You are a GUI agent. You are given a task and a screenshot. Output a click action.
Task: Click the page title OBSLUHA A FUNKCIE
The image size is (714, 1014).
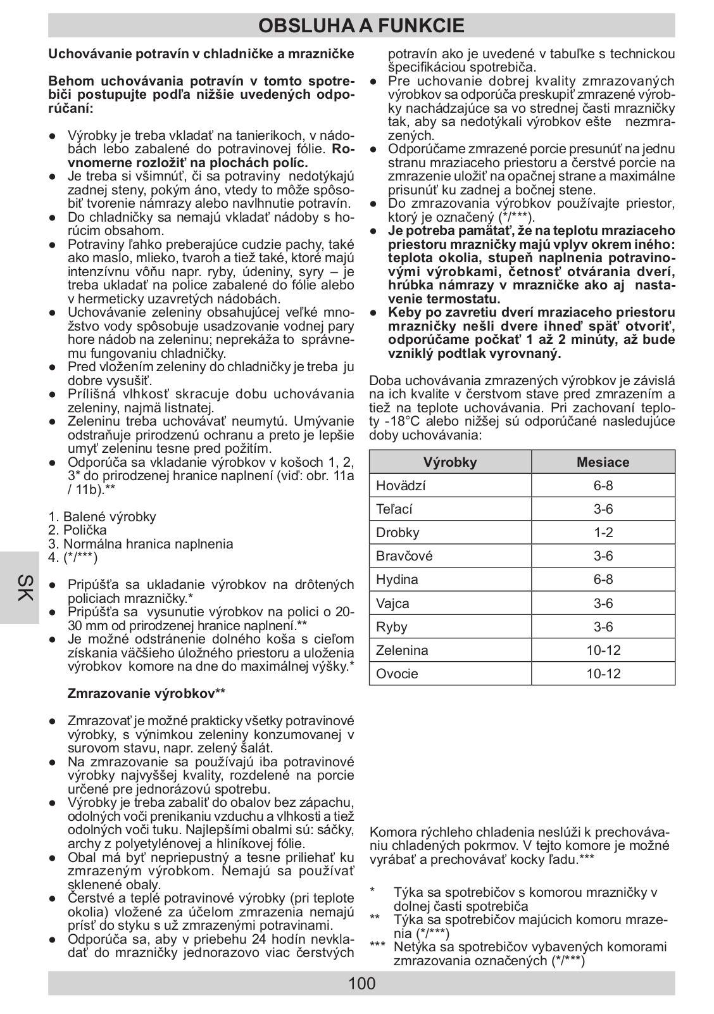pos(361,25)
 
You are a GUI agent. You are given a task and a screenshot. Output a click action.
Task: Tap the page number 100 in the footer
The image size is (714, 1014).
pos(361,983)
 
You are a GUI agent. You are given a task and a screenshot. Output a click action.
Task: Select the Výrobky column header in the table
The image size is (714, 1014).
pos(450,462)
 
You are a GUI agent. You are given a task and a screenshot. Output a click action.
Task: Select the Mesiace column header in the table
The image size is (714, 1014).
pos(603,462)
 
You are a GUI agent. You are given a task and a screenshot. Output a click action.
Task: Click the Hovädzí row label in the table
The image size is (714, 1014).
pos(401,486)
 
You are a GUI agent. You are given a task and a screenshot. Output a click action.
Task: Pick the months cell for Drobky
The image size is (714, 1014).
pos(603,533)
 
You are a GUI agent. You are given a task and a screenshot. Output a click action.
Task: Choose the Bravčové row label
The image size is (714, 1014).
pos(404,556)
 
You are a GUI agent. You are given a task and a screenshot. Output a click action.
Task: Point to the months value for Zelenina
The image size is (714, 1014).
pos(603,650)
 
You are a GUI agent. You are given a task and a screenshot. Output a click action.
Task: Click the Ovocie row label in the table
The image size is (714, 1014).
pos(397,673)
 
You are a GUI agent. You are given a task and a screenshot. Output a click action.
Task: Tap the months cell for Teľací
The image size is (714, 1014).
pos(603,509)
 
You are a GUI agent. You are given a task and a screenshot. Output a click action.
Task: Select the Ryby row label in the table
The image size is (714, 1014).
pos(392,627)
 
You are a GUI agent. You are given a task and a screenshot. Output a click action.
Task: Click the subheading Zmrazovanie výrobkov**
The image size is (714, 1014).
pos(146,694)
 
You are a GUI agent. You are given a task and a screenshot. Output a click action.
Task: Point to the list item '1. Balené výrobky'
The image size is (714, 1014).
pos(102,517)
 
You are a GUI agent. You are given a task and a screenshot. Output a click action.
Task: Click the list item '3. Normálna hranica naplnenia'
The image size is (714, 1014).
pos(141,544)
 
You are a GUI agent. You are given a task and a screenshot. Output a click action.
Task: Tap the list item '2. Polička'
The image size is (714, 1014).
pos(78,530)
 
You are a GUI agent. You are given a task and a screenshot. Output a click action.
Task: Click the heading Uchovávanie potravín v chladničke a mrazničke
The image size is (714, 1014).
pos(201,54)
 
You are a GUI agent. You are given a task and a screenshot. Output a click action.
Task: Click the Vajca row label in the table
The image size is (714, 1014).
pos(392,604)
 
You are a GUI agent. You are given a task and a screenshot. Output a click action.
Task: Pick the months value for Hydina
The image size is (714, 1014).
pos(603,580)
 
